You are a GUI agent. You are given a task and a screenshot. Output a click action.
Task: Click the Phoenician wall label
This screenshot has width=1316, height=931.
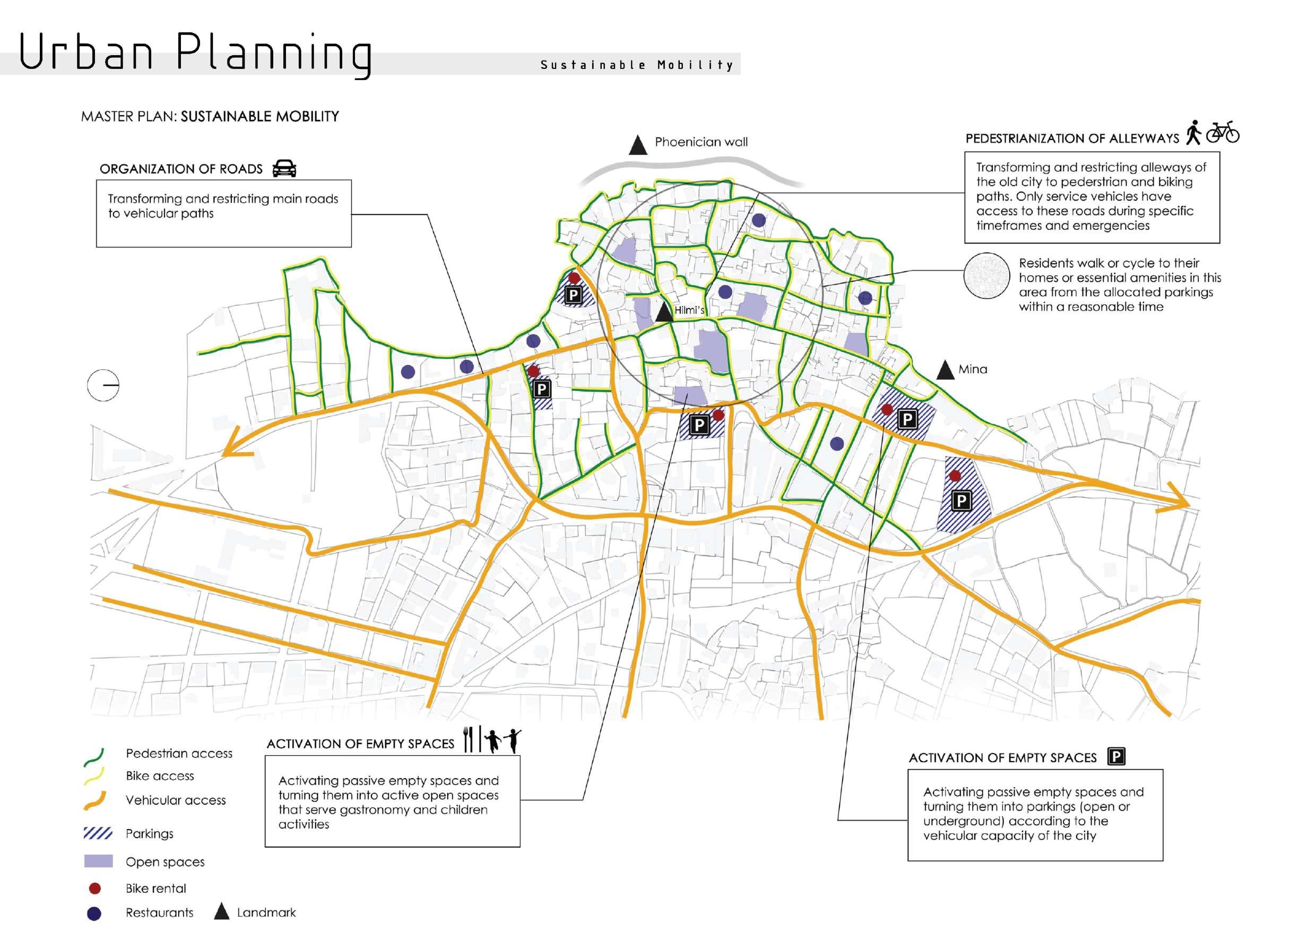tap(700, 142)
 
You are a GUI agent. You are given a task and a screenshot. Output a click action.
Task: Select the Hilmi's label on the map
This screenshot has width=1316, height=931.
tap(689, 310)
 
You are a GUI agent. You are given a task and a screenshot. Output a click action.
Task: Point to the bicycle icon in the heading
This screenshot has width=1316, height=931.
tap(1223, 133)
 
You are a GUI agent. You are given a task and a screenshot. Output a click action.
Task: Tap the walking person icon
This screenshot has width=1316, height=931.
tap(1193, 132)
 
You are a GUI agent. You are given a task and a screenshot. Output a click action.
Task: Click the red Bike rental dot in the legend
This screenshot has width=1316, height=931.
tap(95, 888)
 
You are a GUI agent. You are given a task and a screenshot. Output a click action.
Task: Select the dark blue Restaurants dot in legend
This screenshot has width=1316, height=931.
tap(94, 913)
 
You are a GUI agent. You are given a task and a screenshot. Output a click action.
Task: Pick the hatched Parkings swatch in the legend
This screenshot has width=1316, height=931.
tap(98, 833)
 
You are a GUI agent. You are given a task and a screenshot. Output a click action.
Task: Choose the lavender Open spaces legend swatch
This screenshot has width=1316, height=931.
tap(99, 861)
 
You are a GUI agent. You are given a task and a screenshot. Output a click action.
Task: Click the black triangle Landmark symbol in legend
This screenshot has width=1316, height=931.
tap(221, 912)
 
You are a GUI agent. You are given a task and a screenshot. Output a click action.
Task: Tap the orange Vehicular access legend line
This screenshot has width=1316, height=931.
tap(95, 801)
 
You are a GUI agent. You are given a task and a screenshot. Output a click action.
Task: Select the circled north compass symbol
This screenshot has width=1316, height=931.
tap(103, 385)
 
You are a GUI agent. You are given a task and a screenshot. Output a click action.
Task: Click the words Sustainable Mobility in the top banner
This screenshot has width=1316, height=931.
tap(637, 65)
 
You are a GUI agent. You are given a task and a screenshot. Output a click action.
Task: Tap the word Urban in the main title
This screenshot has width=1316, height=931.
tap(86, 53)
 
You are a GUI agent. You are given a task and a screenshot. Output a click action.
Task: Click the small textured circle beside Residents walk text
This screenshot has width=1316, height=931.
tap(986, 277)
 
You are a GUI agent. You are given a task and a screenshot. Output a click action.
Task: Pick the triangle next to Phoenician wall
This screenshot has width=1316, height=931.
tap(637, 145)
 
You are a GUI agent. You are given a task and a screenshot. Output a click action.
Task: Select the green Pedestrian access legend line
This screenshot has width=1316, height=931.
tap(94, 757)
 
